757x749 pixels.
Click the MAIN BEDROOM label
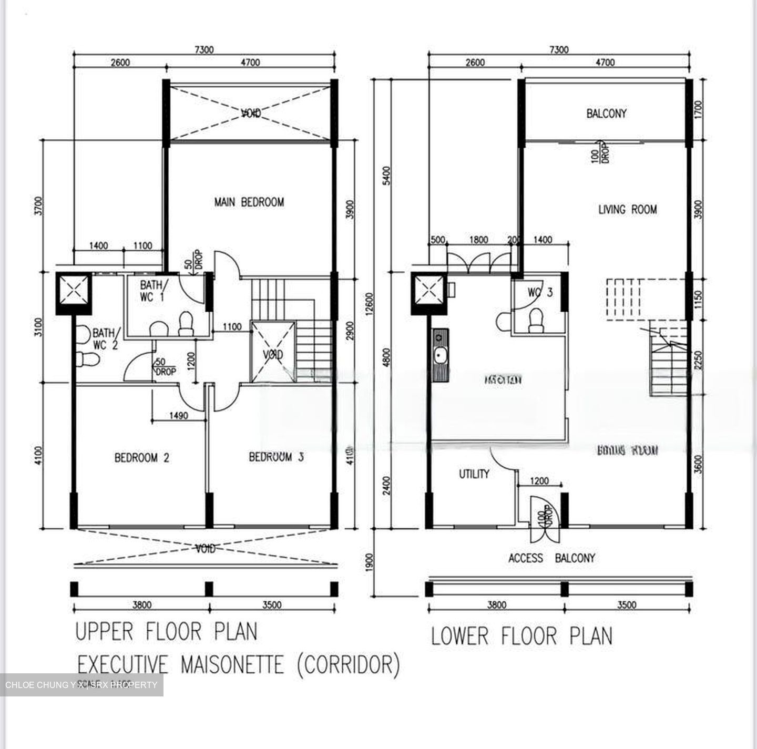[249, 202]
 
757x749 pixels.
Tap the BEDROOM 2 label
[142, 458]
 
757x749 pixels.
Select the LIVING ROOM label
[627, 209]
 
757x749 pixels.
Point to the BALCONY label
[606, 113]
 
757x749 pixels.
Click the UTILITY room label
[474, 474]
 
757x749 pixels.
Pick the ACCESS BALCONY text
[551, 558]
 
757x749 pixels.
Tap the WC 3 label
[540, 292]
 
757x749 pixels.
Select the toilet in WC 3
[536, 321]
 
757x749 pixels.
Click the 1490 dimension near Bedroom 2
[178, 416]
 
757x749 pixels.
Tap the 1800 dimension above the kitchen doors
[478, 240]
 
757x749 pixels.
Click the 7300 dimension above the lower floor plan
[559, 49]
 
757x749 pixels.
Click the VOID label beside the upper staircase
[273, 355]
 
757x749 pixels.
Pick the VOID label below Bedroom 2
[205, 549]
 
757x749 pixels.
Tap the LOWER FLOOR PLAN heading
[521, 636]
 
